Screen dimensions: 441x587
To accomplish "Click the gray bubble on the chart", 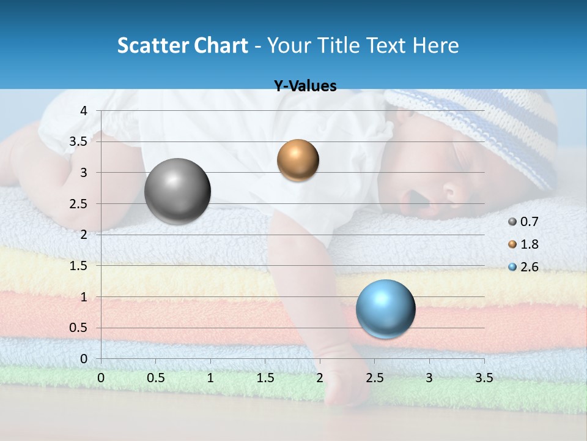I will [177, 191].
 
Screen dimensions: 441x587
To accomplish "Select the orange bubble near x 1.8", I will [298, 160].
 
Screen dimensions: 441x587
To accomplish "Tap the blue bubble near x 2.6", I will [385, 309].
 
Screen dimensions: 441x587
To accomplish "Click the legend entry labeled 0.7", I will [523, 222].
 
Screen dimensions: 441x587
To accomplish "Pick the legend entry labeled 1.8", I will [523, 244].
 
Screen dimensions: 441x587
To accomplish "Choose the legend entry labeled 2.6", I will [523, 267].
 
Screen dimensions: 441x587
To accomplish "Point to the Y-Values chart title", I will [305, 86].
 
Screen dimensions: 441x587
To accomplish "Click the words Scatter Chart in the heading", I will [182, 45].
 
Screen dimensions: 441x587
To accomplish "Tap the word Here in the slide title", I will [435, 45].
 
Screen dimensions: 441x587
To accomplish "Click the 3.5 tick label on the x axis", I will [484, 378].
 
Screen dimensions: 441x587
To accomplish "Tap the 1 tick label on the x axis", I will [210, 378].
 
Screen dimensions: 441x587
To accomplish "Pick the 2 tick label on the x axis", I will [320, 378].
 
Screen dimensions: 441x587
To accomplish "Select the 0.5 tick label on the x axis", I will [155, 378].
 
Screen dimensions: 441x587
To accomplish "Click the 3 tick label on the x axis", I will [429, 378].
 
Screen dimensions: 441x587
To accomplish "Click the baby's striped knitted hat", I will [489, 129].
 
